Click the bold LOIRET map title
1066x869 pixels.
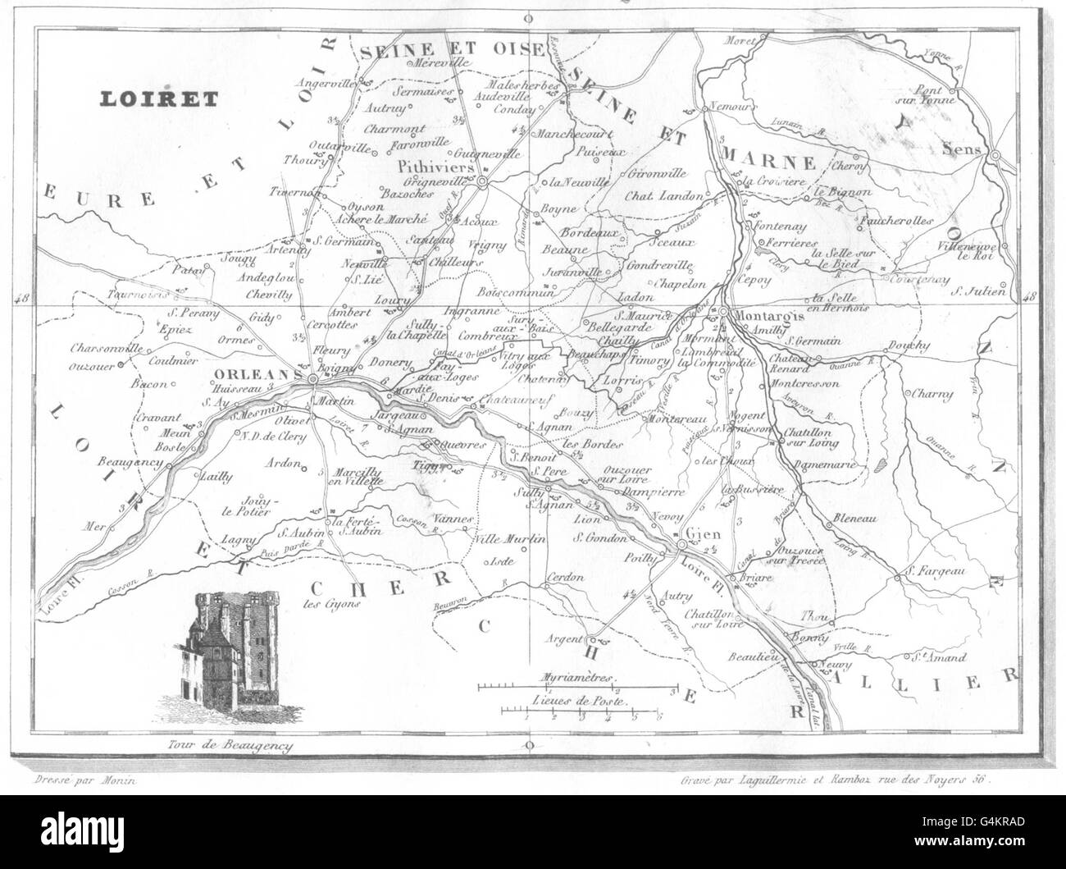[158, 98]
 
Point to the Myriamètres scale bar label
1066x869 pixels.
[579, 677]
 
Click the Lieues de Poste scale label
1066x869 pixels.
[579, 702]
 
